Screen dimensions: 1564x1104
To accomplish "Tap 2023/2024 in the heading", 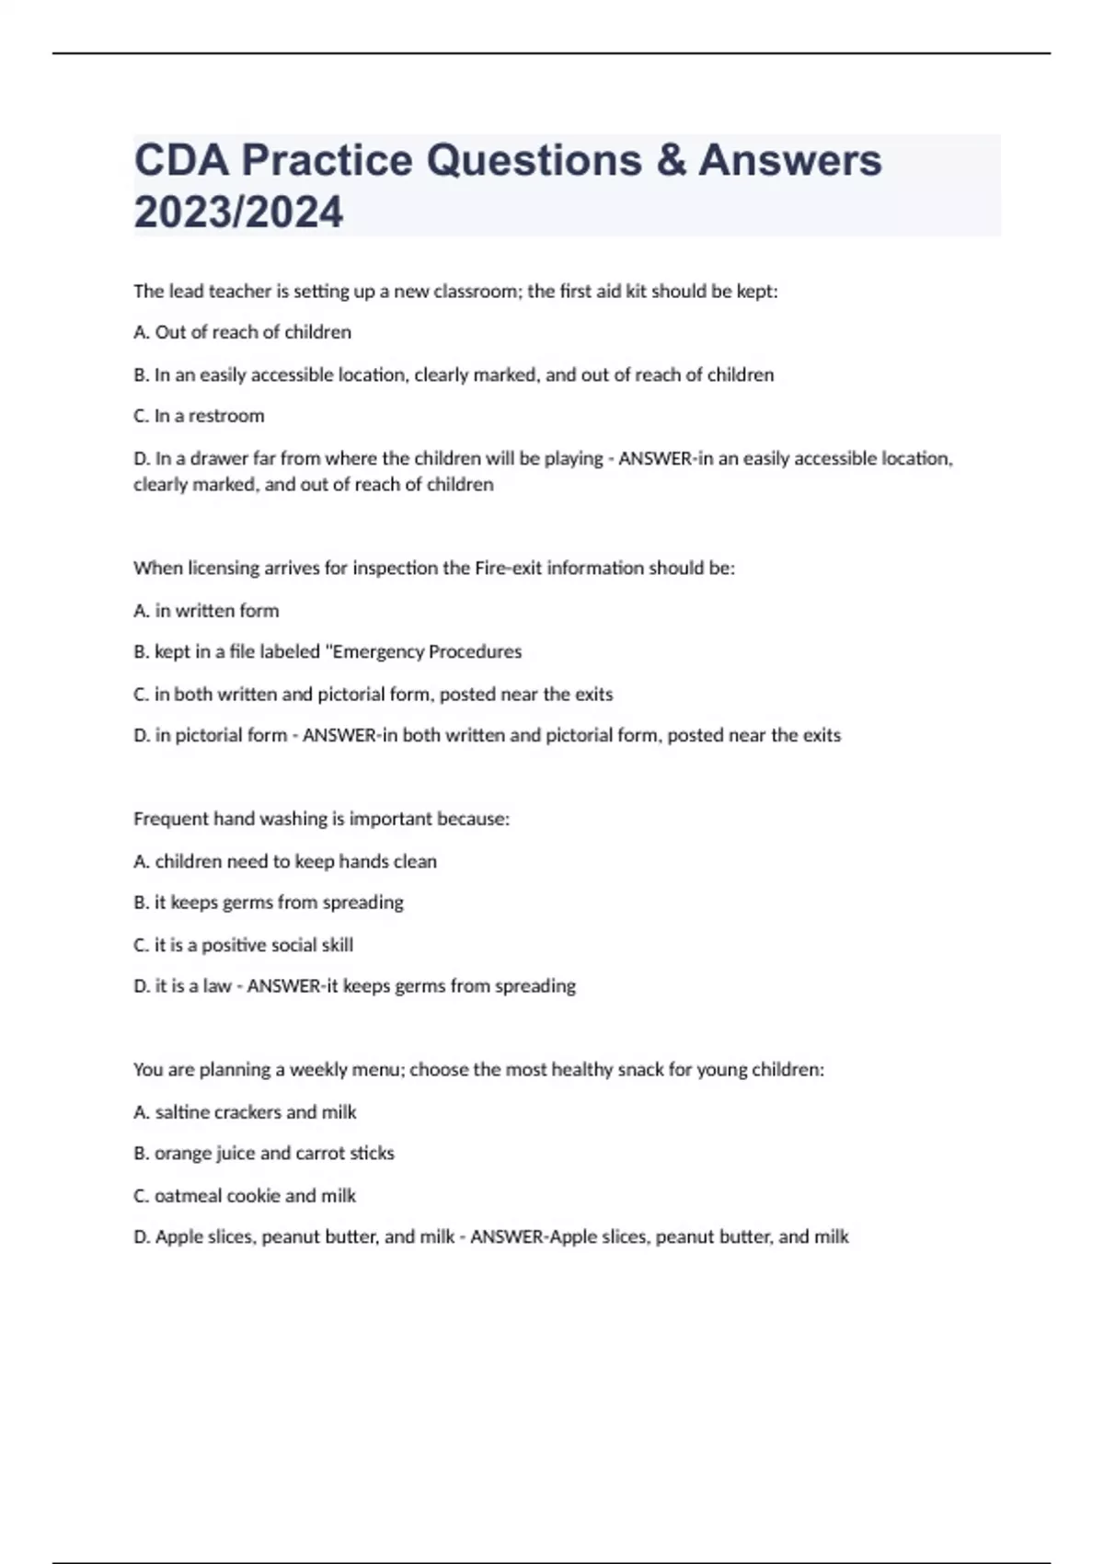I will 238,212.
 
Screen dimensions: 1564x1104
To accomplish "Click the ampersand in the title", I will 671,160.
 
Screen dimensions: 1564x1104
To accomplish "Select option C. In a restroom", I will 199,416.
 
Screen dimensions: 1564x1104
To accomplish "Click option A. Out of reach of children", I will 242,332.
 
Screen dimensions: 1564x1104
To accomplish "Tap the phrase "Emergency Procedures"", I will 424,651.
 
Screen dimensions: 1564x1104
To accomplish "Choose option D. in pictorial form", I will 210,735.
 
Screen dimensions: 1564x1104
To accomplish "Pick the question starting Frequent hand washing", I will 321,819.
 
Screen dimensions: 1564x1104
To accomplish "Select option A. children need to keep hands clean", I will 285,861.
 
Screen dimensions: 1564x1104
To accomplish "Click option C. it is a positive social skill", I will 243,945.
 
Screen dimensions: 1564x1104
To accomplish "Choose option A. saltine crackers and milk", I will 245,1112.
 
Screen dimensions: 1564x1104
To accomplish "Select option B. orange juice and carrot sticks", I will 264,1153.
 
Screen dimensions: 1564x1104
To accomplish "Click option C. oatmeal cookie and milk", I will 245,1196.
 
